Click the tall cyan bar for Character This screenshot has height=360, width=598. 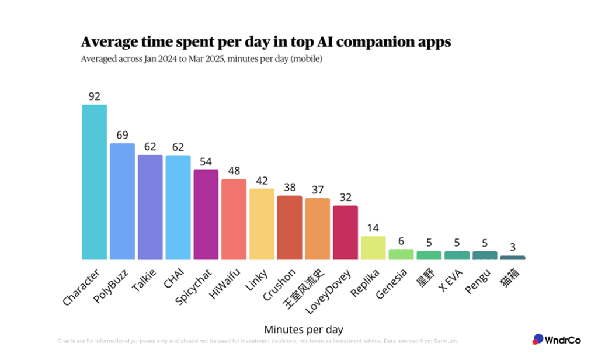coord(94,182)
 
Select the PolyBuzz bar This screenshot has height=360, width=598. coord(122,201)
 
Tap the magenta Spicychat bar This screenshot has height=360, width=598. coord(206,214)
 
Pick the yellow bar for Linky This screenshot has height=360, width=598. coord(262,224)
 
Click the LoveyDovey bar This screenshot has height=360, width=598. coord(345,232)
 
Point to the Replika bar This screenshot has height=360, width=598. coord(373,248)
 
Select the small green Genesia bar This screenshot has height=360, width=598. coord(401,254)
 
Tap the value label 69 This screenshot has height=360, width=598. coord(122,135)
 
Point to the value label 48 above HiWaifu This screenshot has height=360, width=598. coord(234,171)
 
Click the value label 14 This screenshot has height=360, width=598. coord(373,228)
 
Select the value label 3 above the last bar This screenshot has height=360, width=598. coord(513,247)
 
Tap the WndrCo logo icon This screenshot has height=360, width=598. coord(538,339)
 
